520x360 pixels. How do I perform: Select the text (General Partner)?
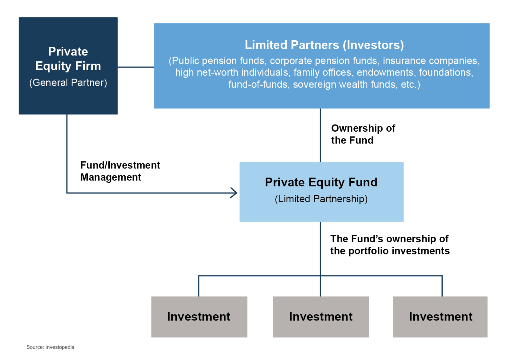tap(68, 83)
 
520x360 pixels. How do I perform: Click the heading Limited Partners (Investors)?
tap(324, 45)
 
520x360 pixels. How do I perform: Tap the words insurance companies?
tap(431, 61)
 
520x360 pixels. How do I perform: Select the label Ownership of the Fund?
tap(363, 134)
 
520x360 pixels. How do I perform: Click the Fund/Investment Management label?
tap(120, 171)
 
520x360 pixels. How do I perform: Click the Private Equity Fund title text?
tap(321, 182)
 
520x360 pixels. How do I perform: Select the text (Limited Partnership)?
tap(321, 199)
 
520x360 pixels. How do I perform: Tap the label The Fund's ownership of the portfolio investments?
tap(390, 245)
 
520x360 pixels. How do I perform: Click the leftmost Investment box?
tap(199, 317)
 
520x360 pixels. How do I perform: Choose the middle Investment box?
tap(321, 317)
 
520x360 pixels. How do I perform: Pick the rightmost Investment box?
tap(440, 317)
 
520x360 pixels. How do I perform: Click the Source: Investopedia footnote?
tap(50, 347)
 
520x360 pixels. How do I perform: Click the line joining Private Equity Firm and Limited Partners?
tap(136, 67)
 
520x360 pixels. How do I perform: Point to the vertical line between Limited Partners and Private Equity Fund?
tap(320, 135)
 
